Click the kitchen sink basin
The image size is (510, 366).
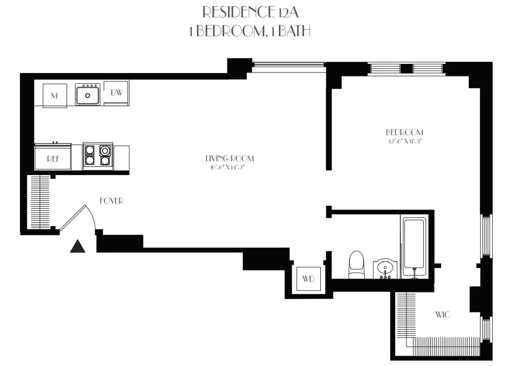[x=88, y=95]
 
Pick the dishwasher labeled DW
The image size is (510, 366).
[x=117, y=93]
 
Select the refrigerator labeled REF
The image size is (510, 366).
[x=54, y=159]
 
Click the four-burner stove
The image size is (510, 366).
[x=97, y=155]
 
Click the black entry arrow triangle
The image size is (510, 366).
[x=78, y=247]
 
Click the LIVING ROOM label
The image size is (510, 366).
[x=229, y=158]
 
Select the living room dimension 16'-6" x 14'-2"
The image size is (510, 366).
[x=229, y=166]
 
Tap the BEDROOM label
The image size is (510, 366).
[x=404, y=132]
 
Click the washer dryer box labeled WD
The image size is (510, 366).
[x=308, y=279]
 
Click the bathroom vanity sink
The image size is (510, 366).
[x=384, y=268]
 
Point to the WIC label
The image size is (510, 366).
[x=442, y=314]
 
